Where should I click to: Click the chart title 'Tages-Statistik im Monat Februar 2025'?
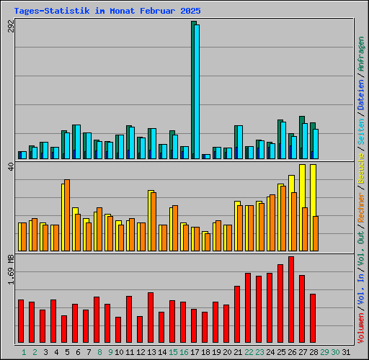pyautogui.click(x=107, y=12)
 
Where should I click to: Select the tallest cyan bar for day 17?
pyautogui.click(x=197, y=92)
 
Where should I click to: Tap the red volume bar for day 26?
pyautogui.click(x=291, y=300)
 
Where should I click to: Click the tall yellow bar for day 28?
pyautogui.click(x=313, y=190)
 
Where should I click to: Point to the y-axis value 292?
pyautogui.click(x=10, y=26)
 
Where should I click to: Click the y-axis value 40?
pyautogui.click(x=10, y=167)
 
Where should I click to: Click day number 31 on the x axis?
pyautogui.click(x=346, y=352)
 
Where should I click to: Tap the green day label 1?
pyautogui.click(x=24, y=352)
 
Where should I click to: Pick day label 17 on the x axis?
pyautogui.click(x=195, y=352)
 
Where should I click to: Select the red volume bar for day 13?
pyautogui.click(x=151, y=318)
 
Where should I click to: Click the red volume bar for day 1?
pyautogui.click(x=21, y=321)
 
